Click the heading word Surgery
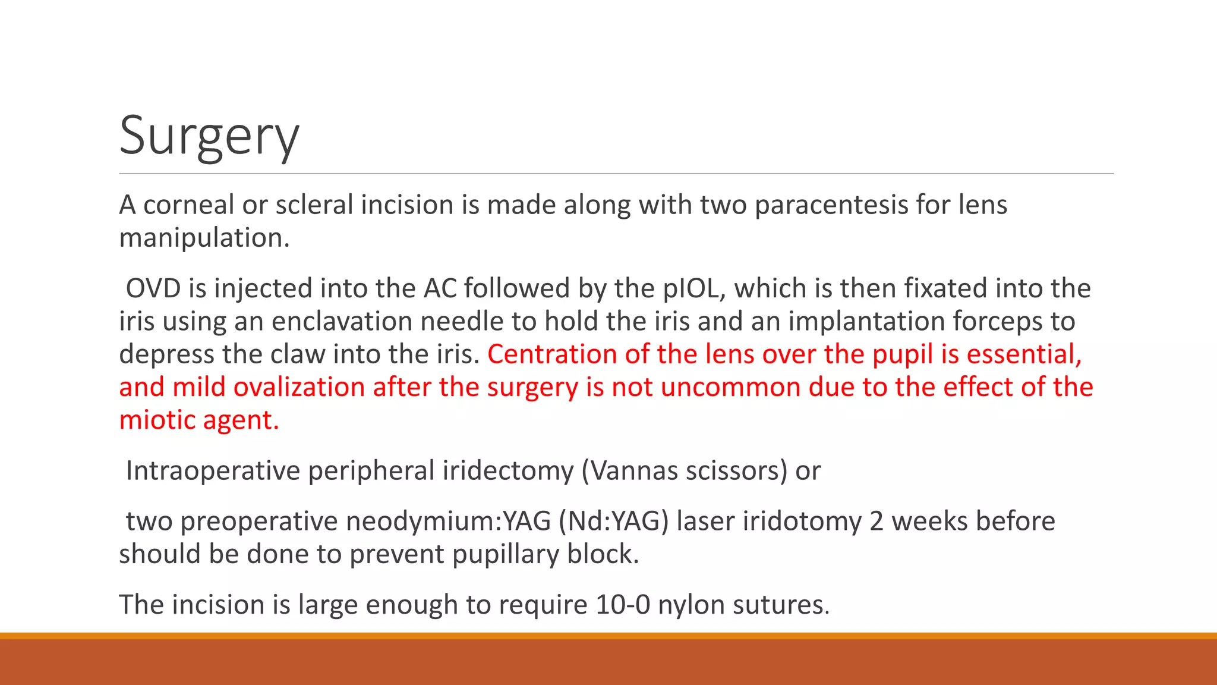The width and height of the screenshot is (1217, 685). [209, 137]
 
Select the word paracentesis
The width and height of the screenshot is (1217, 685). [831, 205]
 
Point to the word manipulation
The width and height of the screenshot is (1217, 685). [204, 238]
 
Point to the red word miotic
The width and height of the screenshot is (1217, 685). [157, 420]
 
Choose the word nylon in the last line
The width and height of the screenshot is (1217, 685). [691, 605]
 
